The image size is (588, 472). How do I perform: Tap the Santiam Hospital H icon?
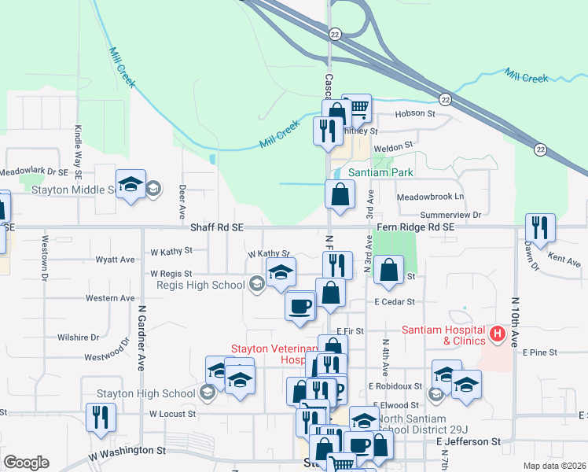click(497, 334)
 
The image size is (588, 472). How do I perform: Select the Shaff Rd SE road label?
click(216, 227)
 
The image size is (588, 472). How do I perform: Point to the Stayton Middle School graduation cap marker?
click(130, 186)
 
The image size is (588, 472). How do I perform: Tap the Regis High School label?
click(201, 285)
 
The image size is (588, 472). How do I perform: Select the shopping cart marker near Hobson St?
click(357, 109)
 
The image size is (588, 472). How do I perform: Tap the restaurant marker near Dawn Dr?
click(540, 228)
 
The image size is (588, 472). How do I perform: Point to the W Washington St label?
click(127, 452)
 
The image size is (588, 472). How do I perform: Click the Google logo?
click(26, 463)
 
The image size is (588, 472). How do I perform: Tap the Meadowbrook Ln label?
click(431, 197)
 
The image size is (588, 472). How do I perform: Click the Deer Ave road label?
click(182, 202)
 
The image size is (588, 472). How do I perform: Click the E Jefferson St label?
click(468, 443)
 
